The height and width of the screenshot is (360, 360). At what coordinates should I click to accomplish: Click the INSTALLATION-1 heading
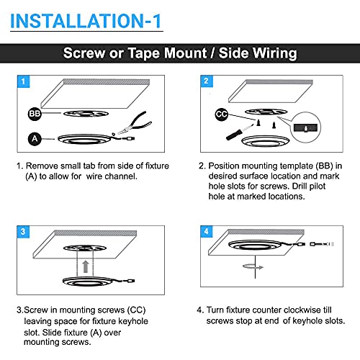(86, 21)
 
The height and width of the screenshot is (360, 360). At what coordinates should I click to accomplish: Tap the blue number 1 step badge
(23, 81)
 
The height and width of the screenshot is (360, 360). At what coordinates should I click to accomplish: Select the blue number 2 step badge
(207, 81)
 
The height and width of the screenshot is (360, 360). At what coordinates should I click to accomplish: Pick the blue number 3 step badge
(23, 232)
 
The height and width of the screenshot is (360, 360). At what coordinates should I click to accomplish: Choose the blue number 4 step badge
(207, 232)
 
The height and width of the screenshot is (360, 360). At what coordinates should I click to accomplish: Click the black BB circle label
(35, 114)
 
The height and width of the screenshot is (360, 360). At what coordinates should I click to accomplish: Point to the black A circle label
(35, 139)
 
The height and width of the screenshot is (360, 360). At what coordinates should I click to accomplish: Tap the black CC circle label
(221, 114)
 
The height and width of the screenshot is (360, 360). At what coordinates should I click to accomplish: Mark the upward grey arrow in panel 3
(86, 266)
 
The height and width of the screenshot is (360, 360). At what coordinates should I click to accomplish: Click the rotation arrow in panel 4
(253, 266)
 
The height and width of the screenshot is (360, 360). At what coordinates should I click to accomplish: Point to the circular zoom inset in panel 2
(305, 127)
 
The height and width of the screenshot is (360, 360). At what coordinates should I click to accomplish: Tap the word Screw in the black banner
(84, 53)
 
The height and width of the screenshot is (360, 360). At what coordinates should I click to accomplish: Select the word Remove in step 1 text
(42, 166)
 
